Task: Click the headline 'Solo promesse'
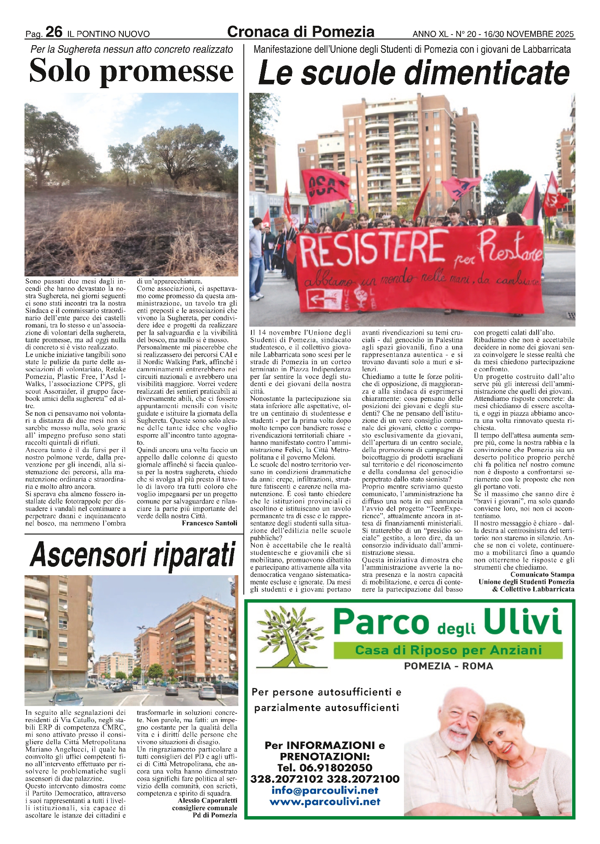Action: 131,70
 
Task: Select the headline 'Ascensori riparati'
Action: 133,554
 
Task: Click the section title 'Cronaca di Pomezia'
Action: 300,32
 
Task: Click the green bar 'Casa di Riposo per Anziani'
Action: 448,650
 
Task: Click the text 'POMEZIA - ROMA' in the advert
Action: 448,666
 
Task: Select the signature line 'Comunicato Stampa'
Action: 542,574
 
